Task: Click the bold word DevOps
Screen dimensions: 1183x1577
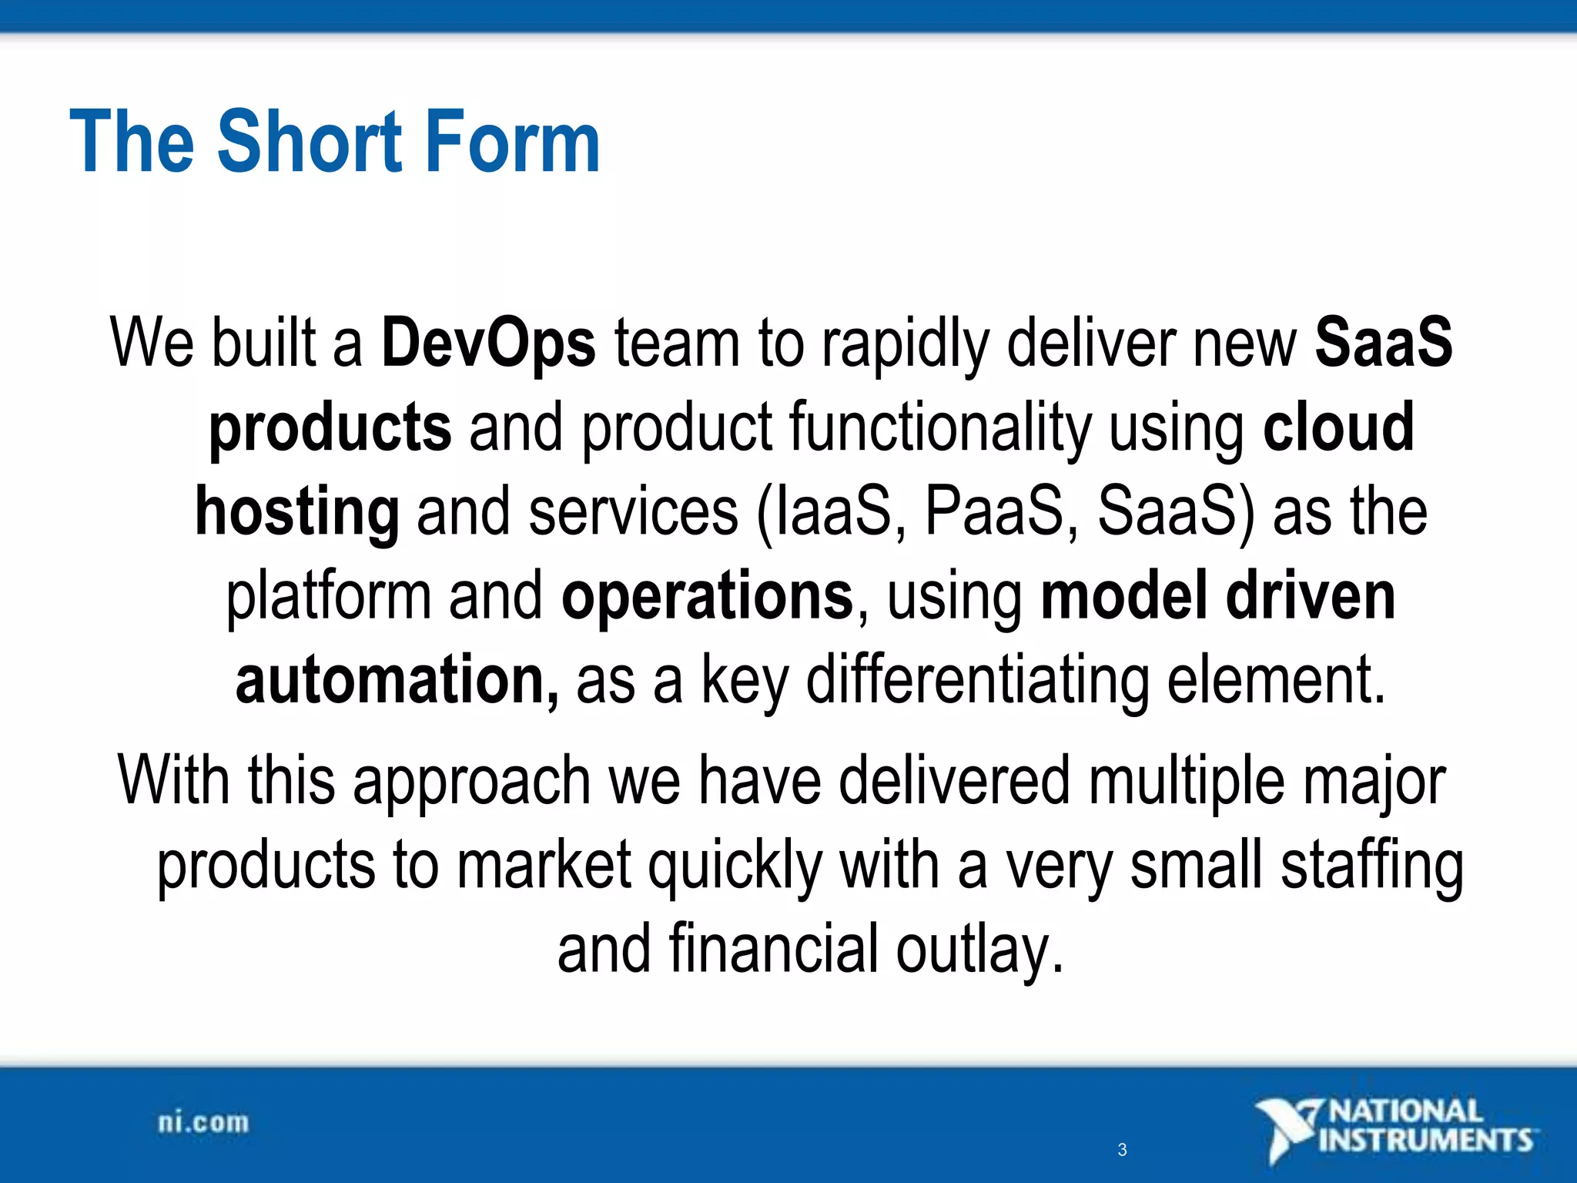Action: point(488,344)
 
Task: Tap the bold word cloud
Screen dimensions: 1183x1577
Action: point(1338,427)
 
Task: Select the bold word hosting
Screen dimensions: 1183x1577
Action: point(297,512)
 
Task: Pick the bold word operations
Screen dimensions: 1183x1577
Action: point(708,596)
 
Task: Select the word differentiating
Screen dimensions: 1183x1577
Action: point(977,680)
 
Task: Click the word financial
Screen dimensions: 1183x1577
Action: point(773,950)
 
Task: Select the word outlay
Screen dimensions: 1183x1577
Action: point(979,950)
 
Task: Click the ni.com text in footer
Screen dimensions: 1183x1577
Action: point(203,1123)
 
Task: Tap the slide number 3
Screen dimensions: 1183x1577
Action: point(1122,1150)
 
